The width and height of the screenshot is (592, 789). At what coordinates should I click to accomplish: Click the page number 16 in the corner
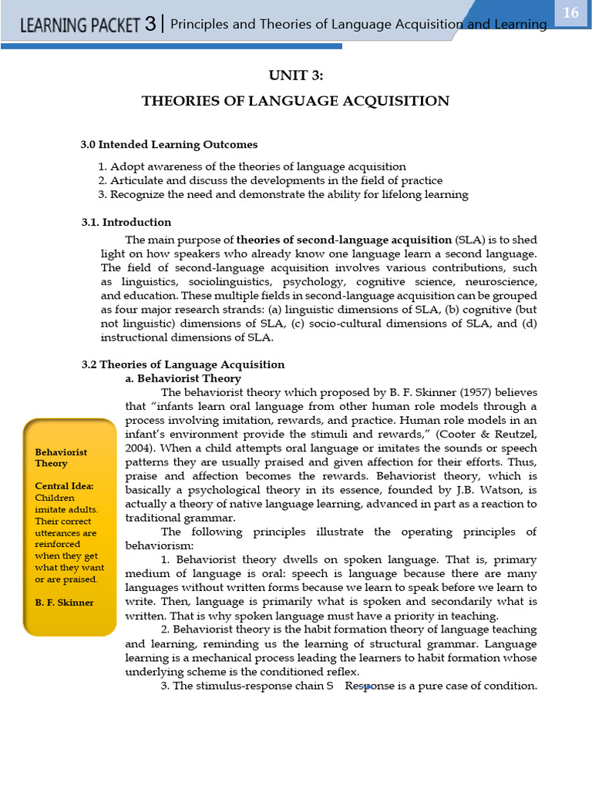point(570,13)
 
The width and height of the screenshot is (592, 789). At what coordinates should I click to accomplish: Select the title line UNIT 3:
point(295,74)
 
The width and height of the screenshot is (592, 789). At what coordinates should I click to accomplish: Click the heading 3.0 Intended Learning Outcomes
point(169,144)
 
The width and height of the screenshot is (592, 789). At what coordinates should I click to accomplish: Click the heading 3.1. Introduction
point(126,222)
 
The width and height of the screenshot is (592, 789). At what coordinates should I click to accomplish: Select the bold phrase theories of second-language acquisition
point(344,240)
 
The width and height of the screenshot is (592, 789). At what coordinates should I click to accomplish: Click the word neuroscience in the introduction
point(500,282)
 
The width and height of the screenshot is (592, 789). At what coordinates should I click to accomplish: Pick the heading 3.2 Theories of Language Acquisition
point(183,364)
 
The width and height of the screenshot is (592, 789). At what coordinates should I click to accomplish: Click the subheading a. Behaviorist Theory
point(183,378)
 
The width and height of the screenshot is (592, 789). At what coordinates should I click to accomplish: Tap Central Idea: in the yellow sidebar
point(64,486)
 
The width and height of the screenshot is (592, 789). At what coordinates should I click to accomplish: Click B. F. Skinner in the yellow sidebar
point(64,603)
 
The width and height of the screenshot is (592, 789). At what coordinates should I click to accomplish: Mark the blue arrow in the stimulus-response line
point(362,687)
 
